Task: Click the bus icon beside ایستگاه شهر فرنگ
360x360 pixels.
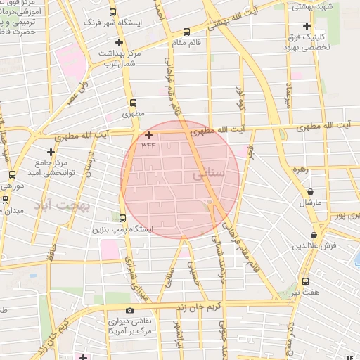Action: (113, 13)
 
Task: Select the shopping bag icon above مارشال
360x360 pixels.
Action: (311, 191)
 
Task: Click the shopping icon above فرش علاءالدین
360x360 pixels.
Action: (314, 235)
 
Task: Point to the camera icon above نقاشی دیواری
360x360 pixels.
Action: (129, 310)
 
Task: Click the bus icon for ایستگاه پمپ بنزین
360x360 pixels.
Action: (123, 219)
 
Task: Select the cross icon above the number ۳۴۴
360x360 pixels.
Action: (148, 134)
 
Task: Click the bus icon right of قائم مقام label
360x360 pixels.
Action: (186, 32)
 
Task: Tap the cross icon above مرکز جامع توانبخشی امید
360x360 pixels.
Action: (51, 152)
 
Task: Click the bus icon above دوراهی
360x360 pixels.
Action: (12, 175)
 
